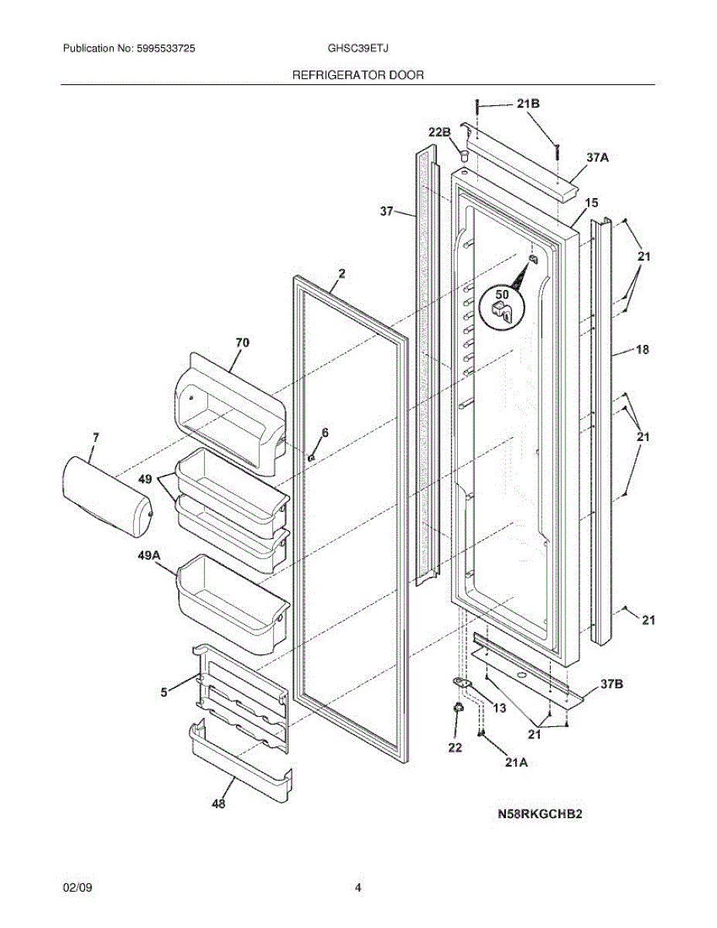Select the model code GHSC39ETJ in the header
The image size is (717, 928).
coord(358,49)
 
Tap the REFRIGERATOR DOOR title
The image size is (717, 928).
coord(357,75)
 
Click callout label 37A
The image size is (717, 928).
coord(597,157)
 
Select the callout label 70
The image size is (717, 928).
coord(242,342)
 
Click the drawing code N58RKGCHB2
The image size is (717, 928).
coord(539,814)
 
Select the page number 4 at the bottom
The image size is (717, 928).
coord(358,888)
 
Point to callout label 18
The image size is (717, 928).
coord(641,350)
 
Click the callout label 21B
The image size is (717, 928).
coord(528,104)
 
